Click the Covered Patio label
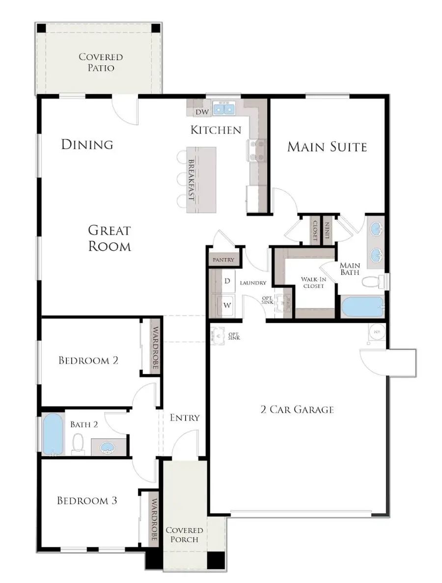[x=100, y=62]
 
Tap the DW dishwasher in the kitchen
[x=202, y=112]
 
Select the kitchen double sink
[x=225, y=108]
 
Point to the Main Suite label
[x=327, y=147]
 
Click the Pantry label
[x=223, y=260]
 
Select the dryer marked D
[x=227, y=281]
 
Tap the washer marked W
[x=227, y=305]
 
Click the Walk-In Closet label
[x=312, y=282]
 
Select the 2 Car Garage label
[x=297, y=409]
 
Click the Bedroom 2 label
[x=88, y=360]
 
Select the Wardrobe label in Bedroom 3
[x=154, y=520]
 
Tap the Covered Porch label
[x=184, y=535]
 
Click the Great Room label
[x=110, y=238]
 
